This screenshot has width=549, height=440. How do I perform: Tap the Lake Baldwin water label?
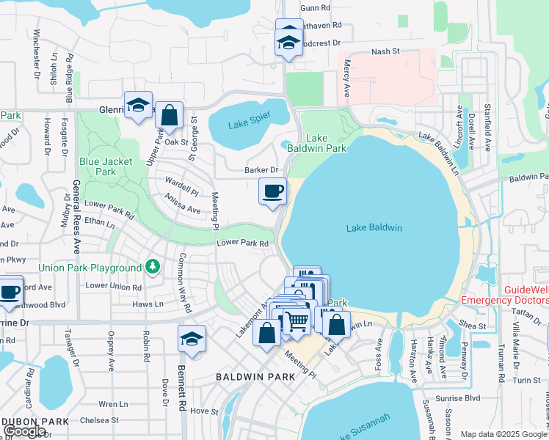374,228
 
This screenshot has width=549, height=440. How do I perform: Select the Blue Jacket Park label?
106,166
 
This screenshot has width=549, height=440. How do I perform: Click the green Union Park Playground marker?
153,266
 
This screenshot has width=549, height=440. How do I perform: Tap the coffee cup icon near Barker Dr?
273,192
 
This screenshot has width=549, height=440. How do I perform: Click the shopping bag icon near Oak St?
169,116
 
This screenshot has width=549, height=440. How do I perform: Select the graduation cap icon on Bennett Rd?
192,339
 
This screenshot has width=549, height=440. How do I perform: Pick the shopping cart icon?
296,320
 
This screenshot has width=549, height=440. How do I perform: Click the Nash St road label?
385,51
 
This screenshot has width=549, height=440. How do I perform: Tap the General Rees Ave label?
76,217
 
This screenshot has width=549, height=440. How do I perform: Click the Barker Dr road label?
261,170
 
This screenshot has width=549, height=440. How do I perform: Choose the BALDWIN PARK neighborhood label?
255,376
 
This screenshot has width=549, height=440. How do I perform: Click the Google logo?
24,431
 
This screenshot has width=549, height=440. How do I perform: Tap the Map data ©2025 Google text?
503,434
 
